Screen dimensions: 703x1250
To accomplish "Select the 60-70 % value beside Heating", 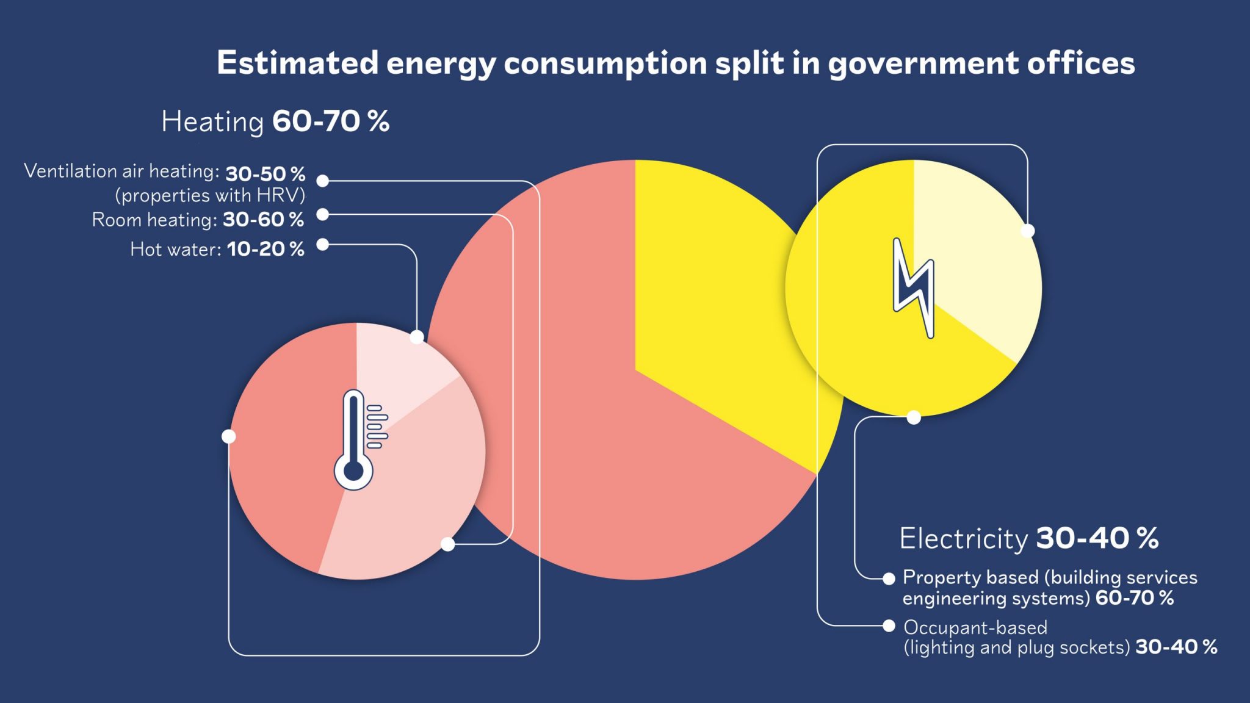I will (331, 121).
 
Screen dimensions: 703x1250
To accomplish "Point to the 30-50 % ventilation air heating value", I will (266, 174).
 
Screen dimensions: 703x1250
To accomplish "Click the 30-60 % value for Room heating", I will (263, 219).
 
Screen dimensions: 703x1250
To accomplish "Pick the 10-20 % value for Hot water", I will (266, 249).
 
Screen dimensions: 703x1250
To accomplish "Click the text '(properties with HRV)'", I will (210, 195).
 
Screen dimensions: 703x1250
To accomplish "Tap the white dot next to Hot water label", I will (323, 245).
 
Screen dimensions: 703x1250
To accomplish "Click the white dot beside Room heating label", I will (323, 214).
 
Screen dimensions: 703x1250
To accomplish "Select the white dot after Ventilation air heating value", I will (323, 181).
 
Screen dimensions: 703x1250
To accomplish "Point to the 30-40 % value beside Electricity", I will (1097, 538).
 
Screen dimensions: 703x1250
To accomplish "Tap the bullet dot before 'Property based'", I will (889, 579).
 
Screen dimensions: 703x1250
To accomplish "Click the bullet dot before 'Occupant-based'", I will (889, 625).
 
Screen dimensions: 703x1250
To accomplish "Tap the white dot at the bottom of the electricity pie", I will (914, 417).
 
